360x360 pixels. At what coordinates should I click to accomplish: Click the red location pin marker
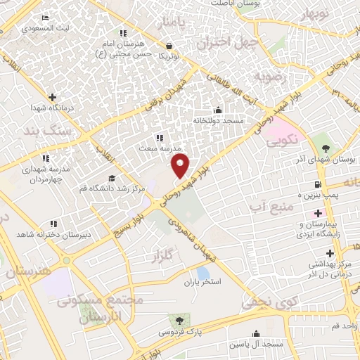[x=181, y=166]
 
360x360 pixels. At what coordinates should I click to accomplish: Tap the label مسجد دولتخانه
[x=218, y=120]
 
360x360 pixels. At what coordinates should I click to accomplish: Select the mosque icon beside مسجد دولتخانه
[x=218, y=110]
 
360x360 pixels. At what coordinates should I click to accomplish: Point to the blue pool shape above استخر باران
[x=203, y=272]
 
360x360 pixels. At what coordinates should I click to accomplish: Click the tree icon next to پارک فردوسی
[x=184, y=320]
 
